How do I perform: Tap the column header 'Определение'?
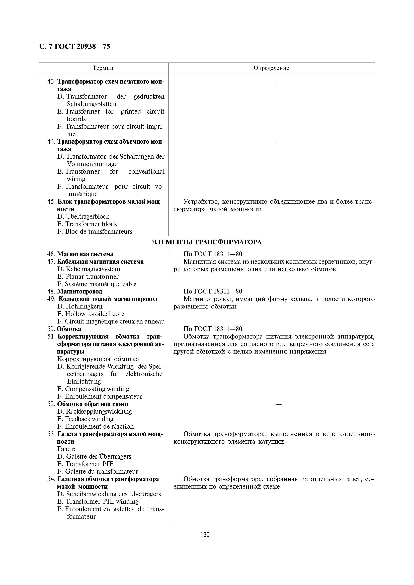pos(271,68)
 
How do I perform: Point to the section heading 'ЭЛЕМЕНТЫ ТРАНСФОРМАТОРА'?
pos(207,242)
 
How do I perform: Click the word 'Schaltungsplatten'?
pos(92,104)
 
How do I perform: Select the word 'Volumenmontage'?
pos(92,164)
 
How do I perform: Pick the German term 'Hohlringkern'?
pos(84,306)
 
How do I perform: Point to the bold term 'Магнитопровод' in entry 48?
pos(80,291)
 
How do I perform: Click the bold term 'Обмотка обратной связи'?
pos(92,404)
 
